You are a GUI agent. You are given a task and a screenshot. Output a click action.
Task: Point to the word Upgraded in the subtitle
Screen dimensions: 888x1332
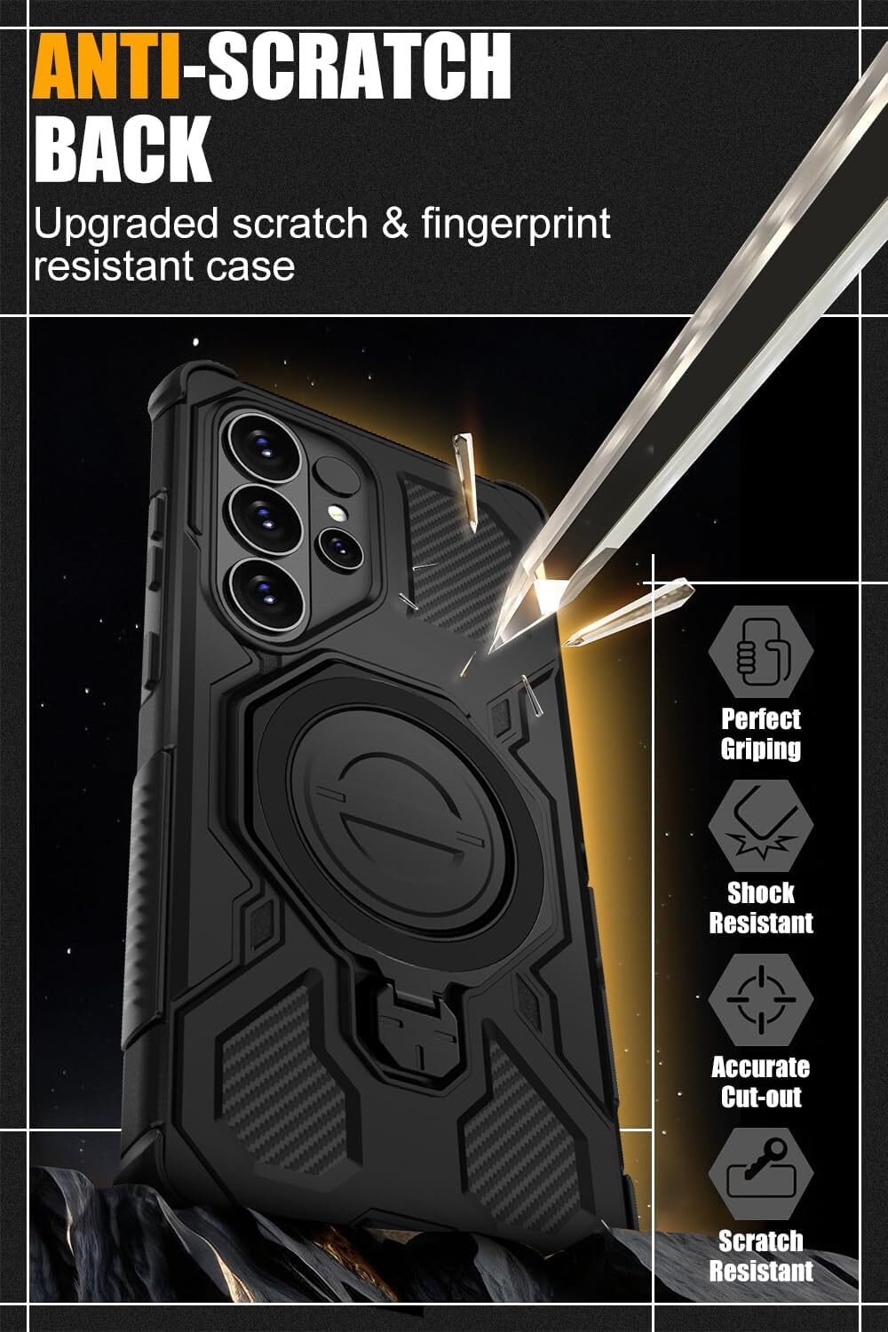[x=126, y=224]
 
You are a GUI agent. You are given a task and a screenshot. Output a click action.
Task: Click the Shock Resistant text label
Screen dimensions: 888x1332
[x=761, y=908]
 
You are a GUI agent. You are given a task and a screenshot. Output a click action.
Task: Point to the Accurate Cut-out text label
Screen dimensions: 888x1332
[x=761, y=1082]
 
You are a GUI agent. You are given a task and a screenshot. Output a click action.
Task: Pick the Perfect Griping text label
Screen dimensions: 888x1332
[x=761, y=733]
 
